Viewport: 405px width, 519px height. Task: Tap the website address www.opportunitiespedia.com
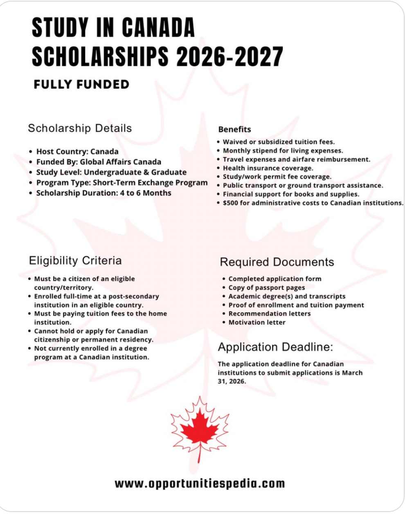200,483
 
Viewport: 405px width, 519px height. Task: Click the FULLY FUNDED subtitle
81,85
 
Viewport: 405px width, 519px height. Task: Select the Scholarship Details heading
80,128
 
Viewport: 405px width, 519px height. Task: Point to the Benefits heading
234,129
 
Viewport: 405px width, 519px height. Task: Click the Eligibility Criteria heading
75,261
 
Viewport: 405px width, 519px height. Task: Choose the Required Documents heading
277,262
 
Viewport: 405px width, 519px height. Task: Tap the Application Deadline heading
275,347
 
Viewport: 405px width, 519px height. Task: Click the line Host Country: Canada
77,151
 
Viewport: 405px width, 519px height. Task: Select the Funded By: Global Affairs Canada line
98,162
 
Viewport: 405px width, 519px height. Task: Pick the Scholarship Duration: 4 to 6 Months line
103,193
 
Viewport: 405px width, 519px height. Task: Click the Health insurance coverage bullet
268,168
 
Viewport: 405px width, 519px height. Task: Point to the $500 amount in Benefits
230,203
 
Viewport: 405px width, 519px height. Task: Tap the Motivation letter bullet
256,322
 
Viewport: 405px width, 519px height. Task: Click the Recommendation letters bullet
269,314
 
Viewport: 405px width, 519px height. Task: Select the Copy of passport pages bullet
266,288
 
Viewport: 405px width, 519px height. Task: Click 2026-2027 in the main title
229,56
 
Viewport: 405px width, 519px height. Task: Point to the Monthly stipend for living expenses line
283,151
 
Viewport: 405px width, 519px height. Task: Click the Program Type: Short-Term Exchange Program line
122,182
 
